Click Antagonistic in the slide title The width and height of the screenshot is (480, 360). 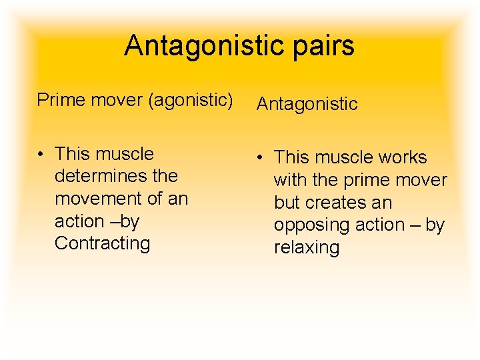203,46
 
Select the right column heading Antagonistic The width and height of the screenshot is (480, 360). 307,104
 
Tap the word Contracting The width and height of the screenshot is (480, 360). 103,243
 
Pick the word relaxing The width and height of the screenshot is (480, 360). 307,247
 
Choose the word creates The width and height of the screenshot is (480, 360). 328,203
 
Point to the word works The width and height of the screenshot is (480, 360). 403,157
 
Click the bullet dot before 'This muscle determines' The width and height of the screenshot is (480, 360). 41,154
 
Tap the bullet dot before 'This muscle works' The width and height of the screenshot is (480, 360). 261,158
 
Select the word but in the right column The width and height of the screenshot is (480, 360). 285,203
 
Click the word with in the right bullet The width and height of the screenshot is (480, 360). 290,180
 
